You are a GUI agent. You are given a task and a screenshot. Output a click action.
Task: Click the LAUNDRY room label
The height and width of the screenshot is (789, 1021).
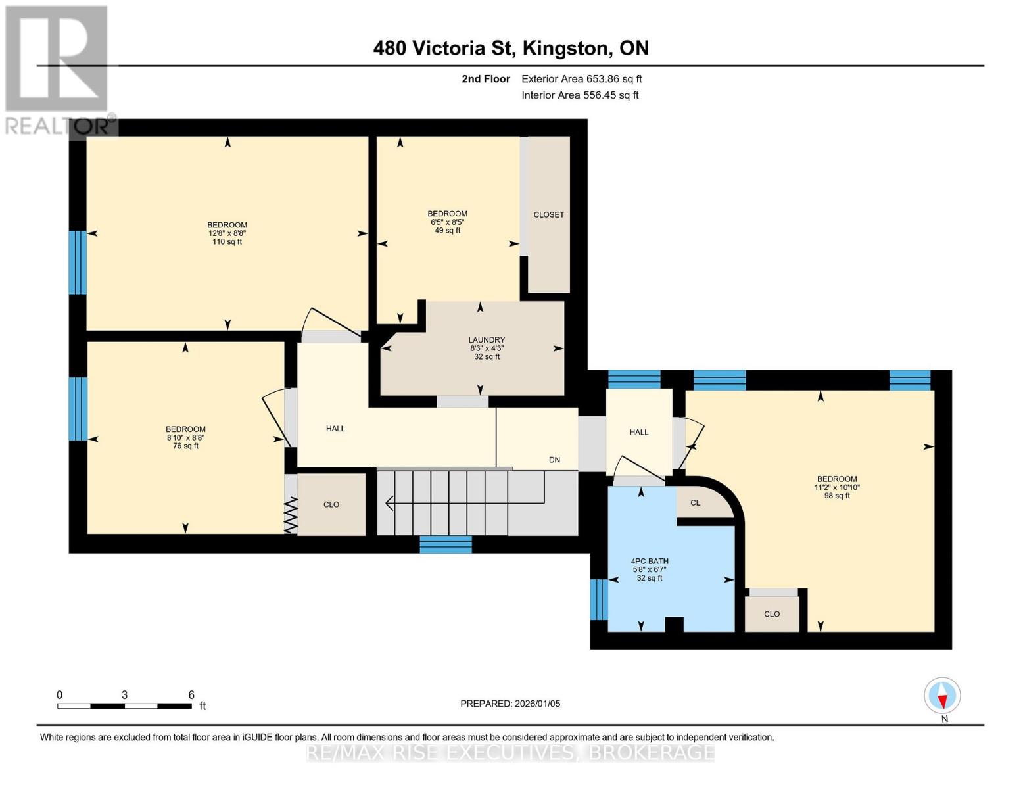487,340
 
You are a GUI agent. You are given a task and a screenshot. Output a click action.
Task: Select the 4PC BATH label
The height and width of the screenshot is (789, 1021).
650,562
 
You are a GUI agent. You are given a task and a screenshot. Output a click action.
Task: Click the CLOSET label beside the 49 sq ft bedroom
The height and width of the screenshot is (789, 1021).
548,214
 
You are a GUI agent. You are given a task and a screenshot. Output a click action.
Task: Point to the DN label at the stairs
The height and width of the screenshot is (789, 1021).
554,460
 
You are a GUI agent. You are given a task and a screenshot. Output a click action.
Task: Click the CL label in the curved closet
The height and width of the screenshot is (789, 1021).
695,503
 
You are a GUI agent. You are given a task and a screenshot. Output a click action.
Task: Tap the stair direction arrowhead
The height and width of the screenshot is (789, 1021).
389,504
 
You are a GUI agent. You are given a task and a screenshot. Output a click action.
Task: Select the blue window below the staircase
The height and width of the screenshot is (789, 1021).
446,544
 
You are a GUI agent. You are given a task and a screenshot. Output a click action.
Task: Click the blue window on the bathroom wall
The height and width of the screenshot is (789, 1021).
598,599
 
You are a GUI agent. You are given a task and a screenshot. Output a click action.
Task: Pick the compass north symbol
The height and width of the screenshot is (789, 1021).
942,696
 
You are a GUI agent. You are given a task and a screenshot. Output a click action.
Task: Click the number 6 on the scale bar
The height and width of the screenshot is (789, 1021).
191,694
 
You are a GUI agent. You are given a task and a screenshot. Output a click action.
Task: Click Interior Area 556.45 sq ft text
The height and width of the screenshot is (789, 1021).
580,95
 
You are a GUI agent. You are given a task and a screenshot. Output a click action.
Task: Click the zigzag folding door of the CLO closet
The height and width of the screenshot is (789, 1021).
291,515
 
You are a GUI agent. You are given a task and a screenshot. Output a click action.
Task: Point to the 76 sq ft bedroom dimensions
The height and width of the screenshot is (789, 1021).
185,437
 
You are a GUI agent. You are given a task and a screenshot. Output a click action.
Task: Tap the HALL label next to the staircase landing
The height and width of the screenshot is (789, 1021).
335,429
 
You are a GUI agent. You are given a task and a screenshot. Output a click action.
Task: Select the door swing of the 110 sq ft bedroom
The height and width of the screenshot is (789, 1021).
332,325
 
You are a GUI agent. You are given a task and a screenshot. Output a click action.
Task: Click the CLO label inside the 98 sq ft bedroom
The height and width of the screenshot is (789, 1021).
771,614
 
